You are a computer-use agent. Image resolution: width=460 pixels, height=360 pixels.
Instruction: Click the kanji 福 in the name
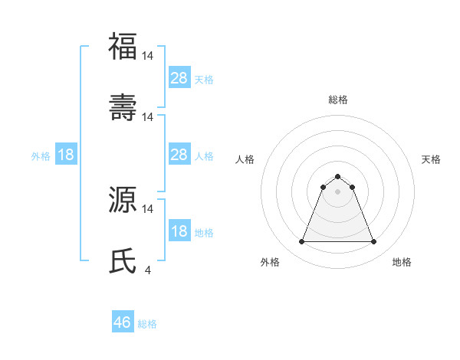pyautogui.click(x=123, y=46)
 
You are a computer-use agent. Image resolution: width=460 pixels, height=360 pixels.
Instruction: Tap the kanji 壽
pyautogui.click(x=123, y=106)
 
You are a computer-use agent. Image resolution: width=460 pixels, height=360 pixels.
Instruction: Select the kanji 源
pyautogui.click(x=123, y=198)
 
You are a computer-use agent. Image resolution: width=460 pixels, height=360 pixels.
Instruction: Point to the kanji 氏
pyautogui.click(x=123, y=260)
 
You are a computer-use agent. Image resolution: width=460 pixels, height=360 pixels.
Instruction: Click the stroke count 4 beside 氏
pyautogui.click(x=147, y=270)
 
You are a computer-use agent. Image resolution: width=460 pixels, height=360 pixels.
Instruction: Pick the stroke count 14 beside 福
pyautogui.click(x=148, y=55)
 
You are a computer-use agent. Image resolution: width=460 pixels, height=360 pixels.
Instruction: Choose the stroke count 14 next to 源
pyautogui.click(x=148, y=208)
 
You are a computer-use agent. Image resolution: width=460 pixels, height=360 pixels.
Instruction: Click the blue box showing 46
pyautogui.click(x=123, y=322)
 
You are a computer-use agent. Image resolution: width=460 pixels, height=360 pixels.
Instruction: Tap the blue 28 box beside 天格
pyautogui.click(x=179, y=78)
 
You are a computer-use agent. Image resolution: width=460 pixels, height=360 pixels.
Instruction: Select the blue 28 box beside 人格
pyautogui.click(x=179, y=155)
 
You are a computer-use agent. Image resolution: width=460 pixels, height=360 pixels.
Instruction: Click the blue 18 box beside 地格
pyautogui.click(x=179, y=231)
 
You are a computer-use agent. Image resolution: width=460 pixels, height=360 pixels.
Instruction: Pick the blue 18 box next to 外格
pyautogui.click(x=66, y=155)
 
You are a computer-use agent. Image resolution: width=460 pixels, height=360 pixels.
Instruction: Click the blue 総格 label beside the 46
pyautogui.click(x=147, y=324)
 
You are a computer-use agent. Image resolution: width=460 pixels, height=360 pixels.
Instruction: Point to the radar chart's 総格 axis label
pyautogui.click(x=338, y=100)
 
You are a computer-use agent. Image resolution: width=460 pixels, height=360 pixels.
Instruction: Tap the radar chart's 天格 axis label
pyautogui.click(x=431, y=159)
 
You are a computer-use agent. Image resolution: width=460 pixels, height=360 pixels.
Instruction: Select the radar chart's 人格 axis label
pyautogui.click(x=245, y=159)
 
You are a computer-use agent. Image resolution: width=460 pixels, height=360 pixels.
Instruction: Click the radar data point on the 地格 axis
pyautogui.click(x=374, y=242)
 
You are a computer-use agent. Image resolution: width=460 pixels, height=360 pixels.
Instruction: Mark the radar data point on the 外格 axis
pyautogui.click(x=301, y=242)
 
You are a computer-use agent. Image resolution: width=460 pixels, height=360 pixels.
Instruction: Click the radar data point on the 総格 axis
pyautogui.click(x=338, y=176)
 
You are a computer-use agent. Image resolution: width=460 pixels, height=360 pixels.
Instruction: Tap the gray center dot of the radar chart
pyautogui.click(x=338, y=191)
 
